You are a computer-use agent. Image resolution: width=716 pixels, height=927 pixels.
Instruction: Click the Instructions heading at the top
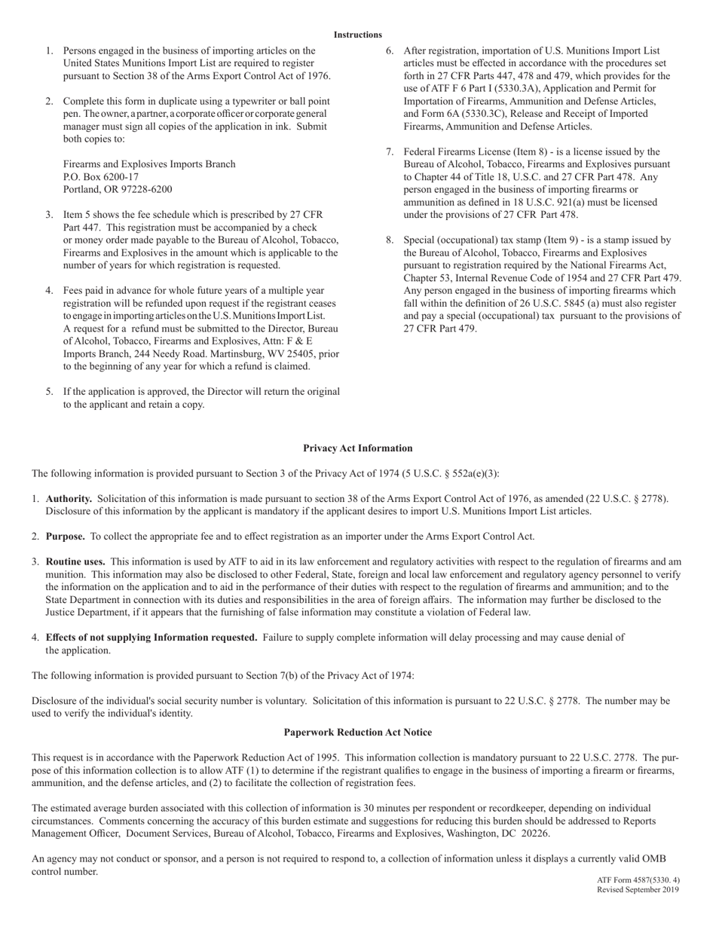point(358,35)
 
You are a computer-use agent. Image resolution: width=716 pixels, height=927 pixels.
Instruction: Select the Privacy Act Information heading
point(358,448)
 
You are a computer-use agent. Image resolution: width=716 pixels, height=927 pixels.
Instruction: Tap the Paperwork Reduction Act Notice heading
point(358,733)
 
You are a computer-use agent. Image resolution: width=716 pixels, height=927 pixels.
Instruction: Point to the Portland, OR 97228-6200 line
point(117,190)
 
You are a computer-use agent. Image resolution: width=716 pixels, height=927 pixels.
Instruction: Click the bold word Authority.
point(69,499)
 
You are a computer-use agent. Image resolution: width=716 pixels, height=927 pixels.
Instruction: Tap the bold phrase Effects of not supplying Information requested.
point(151,638)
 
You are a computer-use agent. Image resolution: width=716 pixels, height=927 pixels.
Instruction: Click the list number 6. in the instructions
point(390,50)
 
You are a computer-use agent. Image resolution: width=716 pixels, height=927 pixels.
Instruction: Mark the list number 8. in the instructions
point(390,240)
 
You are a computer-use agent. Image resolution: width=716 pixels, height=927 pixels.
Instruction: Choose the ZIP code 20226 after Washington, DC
point(533,834)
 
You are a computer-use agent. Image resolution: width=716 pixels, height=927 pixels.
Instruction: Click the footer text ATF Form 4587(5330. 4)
point(638,880)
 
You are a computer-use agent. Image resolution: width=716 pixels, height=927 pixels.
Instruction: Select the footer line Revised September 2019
point(638,889)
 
